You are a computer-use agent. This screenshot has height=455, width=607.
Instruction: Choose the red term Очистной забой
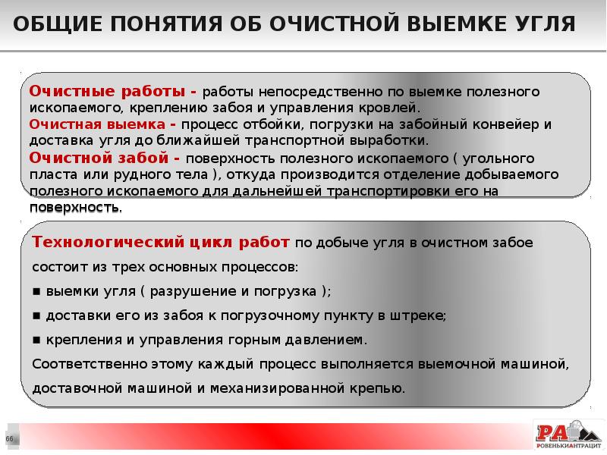(x=100, y=158)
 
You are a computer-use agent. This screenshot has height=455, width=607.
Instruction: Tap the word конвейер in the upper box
(x=502, y=124)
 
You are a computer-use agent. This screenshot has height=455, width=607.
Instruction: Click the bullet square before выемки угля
(x=36, y=292)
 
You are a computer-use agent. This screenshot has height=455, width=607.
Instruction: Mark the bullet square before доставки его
(x=36, y=315)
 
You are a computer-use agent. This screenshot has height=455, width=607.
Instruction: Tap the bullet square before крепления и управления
(x=36, y=340)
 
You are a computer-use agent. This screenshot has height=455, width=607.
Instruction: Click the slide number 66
(x=10, y=439)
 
